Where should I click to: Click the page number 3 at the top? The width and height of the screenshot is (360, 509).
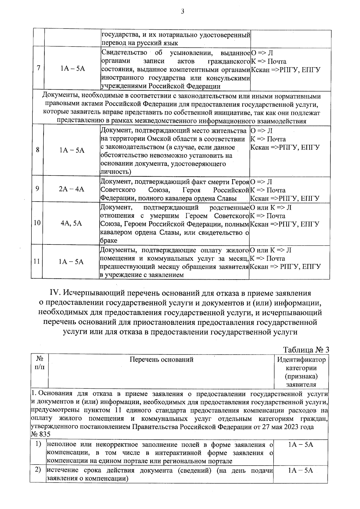(x=182, y=12)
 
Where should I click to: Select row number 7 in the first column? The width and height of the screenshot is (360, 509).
(x=38, y=68)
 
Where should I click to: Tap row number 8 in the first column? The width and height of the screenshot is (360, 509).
(x=37, y=150)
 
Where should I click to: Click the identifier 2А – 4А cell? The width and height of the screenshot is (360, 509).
(x=72, y=189)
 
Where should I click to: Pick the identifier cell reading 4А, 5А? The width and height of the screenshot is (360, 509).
(x=71, y=223)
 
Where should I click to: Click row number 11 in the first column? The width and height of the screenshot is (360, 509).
(x=37, y=262)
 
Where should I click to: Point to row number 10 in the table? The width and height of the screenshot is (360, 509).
(x=37, y=223)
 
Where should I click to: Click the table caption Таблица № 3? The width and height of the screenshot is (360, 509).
(x=306, y=350)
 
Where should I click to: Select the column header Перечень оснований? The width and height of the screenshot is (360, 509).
(x=161, y=359)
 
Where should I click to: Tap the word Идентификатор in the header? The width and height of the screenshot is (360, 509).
(x=301, y=359)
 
